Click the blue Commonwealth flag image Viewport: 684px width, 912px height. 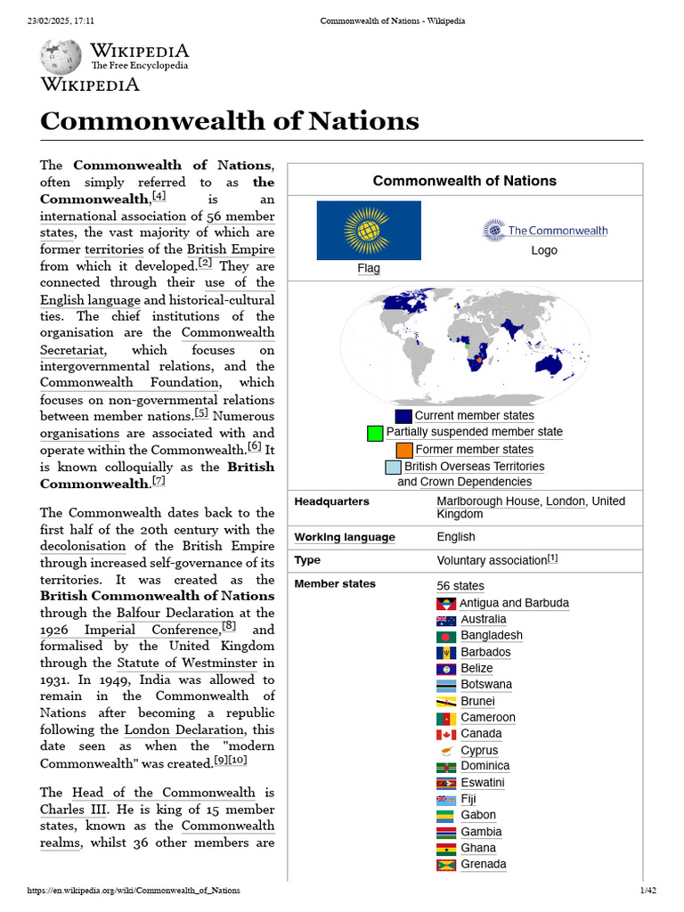[x=369, y=230]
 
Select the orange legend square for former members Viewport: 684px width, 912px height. [x=404, y=450]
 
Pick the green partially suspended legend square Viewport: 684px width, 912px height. [x=375, y=433]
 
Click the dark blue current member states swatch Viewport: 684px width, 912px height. [x=403, y=416]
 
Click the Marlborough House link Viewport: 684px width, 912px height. [x=487, y=501]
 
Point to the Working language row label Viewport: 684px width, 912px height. [x=345, y=537]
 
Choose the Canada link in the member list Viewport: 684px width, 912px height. [x=481, y=734]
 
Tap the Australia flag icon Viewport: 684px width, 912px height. [x=446, y=620]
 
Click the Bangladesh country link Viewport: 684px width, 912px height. [x=492, y=636]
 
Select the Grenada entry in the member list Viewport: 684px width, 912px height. [x=483, y=864]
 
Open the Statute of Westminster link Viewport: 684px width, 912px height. [x=187, y=663]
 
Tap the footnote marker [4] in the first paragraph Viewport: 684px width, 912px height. [x=159, y=196]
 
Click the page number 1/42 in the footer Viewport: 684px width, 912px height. [x=647, y=891]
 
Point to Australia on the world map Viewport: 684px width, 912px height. [x=564, y=362]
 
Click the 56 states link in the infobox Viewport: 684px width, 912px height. [x=460, y=585]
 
